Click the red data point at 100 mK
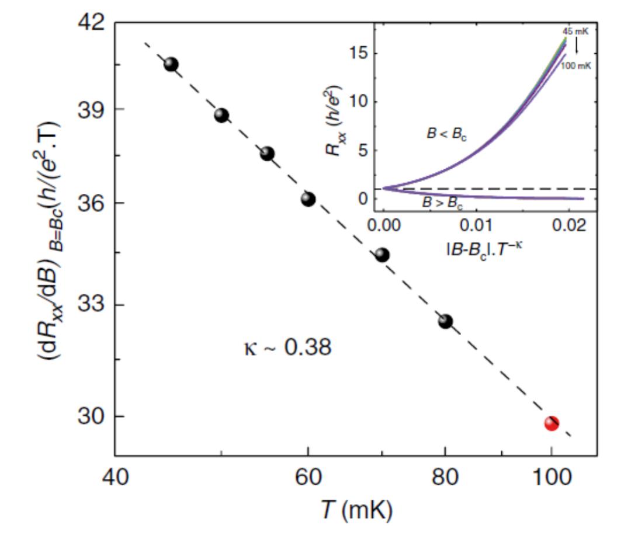click(x=551, y=423)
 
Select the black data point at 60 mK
click(x=308, y=199)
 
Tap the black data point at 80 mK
click(x=445, y=321)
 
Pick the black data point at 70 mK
click(x=382, y=255)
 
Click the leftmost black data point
click(x=171, y=64)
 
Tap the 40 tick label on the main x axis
click(x=115, y=477)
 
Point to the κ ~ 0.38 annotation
click(x=286, y=348)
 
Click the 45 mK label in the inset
click(x=575, y=32)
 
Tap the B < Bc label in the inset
click(x=446, y=134)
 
